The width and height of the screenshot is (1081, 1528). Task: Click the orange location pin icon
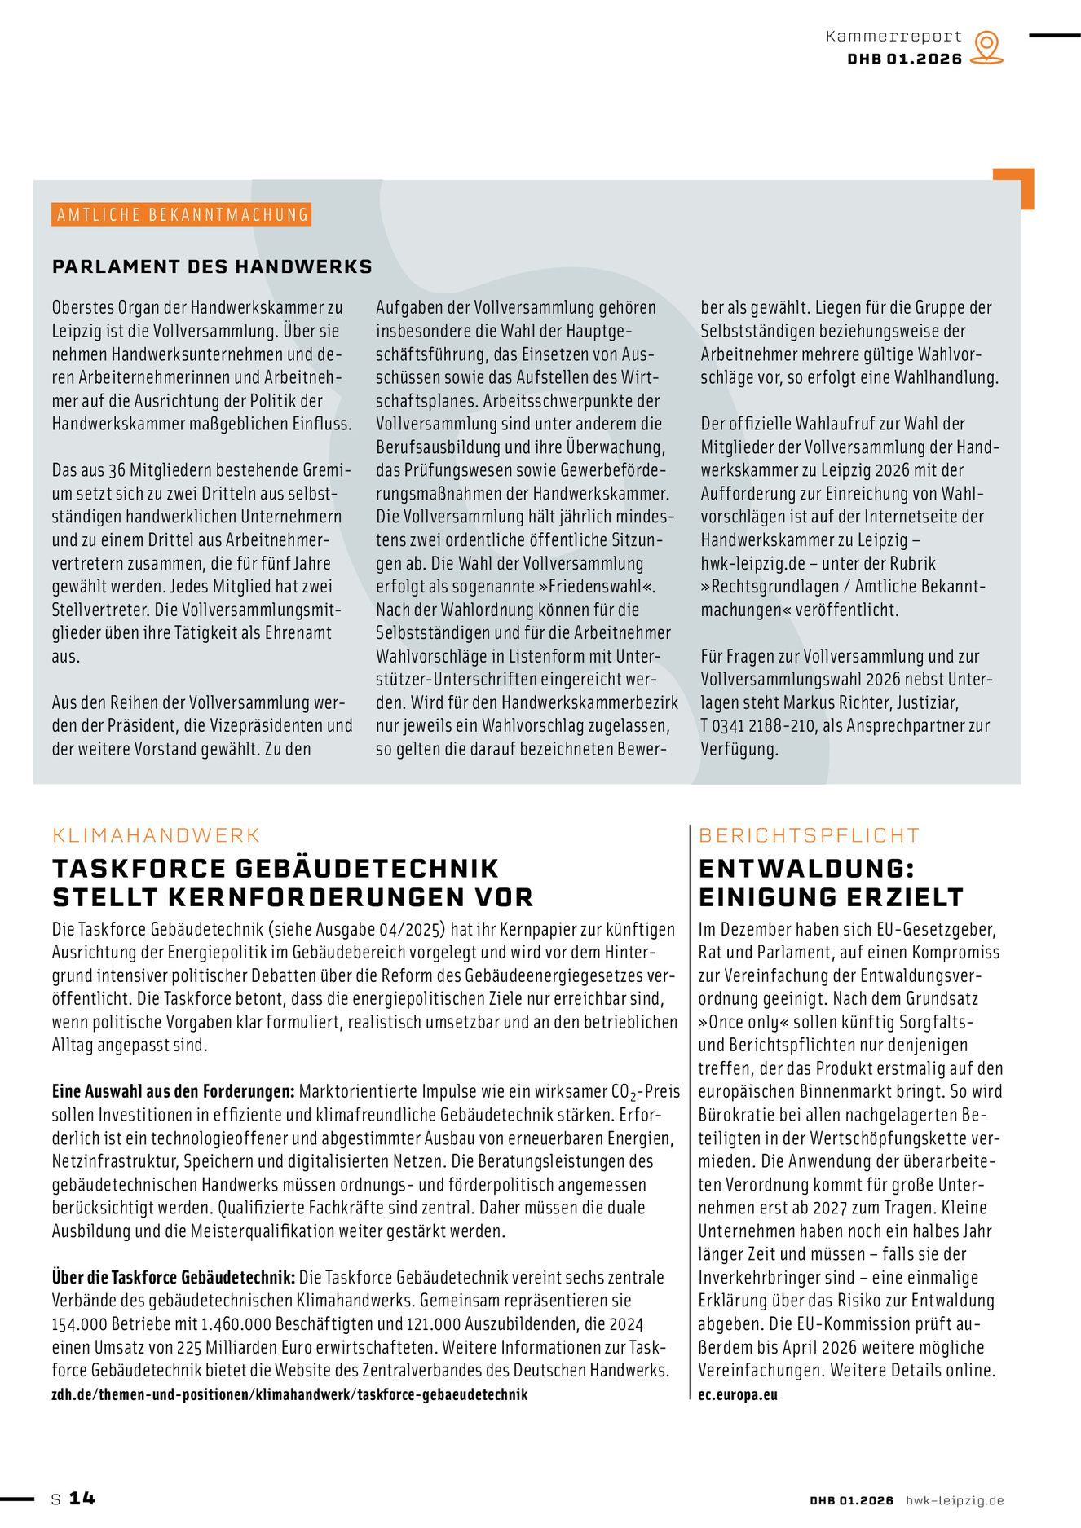(986, 46)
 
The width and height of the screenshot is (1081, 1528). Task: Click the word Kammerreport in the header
(893, 37)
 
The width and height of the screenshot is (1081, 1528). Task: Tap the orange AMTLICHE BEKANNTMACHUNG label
(182, 215)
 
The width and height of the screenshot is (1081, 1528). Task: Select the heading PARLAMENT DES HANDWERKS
(212, 266)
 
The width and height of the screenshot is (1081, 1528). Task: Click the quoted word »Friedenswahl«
(602, 587)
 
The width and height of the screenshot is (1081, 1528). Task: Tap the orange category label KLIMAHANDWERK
(156, 835)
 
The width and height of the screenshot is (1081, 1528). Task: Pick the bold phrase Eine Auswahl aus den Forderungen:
(173, 1091)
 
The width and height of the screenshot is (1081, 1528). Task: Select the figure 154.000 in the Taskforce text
(78, 1324)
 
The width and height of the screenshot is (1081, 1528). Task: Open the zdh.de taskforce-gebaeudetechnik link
(289, 1394)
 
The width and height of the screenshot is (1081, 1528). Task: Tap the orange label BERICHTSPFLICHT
(809, 835)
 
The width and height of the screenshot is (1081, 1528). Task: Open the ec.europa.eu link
(737, 1394)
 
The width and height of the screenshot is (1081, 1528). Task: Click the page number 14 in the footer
(82, 1499)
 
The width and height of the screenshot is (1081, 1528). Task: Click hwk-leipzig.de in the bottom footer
(955, 1500)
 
